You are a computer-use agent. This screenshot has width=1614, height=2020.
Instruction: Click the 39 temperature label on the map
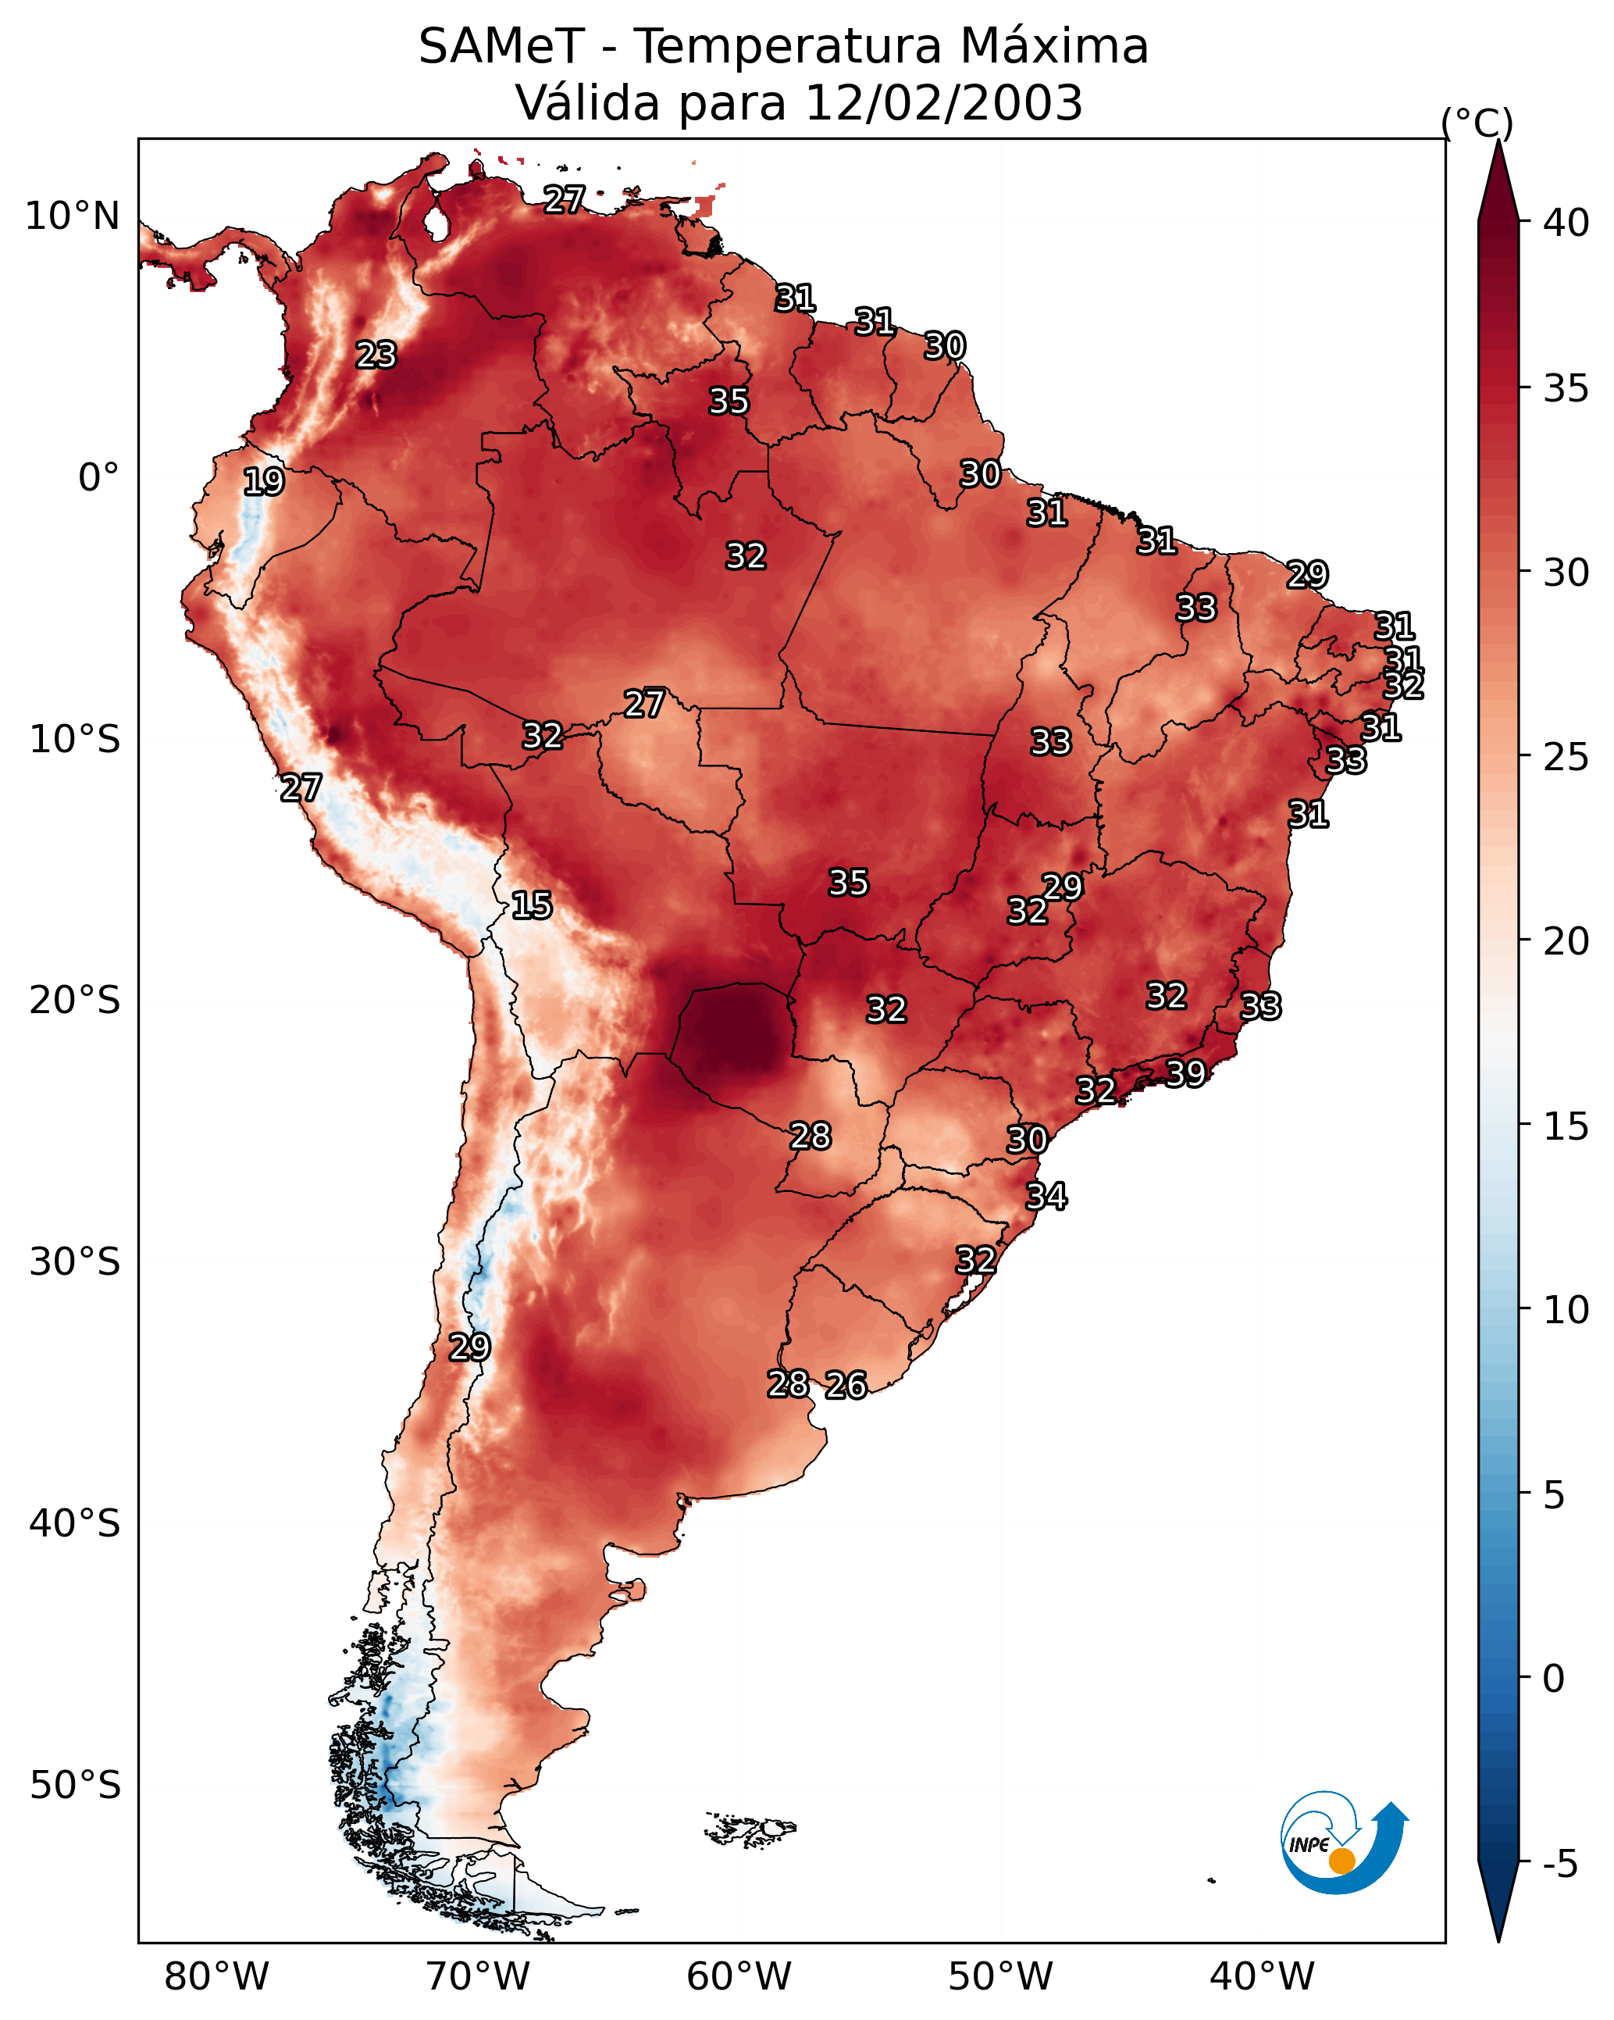[1185, 1072]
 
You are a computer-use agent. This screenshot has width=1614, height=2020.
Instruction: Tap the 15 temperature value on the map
[531, 905]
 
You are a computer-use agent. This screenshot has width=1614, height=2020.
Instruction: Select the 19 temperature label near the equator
[263, 482]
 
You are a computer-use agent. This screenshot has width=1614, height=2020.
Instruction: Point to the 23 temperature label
[376, 355]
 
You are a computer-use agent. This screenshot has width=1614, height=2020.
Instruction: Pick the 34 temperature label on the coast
[1046, 1197]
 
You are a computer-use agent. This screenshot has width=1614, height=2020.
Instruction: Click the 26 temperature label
[846, 1385]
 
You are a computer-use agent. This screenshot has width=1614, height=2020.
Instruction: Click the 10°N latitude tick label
[72, 216]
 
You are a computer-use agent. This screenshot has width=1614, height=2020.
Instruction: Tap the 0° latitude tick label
[98, 478]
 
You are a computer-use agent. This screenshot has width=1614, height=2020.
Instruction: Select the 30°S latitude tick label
[75, 1262]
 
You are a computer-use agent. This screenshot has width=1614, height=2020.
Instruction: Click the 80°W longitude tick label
[216, 1976]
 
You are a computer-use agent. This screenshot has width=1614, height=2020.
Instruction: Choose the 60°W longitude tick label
[739, 1976]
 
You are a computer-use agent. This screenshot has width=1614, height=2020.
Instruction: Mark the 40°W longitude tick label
[1262, 1976]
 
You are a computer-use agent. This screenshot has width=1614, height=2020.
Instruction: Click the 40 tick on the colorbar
[1566, 223]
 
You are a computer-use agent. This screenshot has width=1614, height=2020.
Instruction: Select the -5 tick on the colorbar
[1559, 1864]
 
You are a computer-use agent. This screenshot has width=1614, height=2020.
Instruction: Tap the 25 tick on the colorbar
[1566, 756]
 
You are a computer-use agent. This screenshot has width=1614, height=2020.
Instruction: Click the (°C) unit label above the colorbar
[1477, 123]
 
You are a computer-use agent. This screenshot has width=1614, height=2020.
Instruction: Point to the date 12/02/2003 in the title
[943, 103]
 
